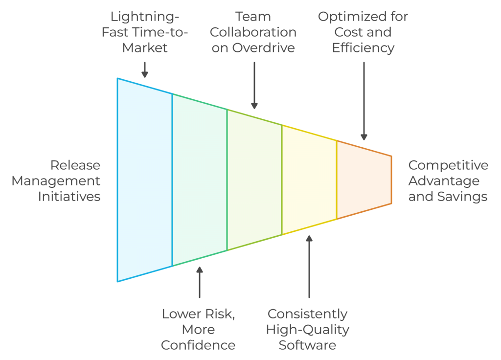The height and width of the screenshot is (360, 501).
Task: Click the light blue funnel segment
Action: (144, 180)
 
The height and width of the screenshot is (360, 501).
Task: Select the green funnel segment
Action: (199, 180)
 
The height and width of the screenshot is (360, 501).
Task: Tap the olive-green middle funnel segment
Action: (254, 180)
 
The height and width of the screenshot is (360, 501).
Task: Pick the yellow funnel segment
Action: (309, 180)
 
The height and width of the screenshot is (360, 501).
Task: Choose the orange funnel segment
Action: (364, 180)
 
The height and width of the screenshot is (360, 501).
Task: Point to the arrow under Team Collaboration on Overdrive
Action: (254, 85)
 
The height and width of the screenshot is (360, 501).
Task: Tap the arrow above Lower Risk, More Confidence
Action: (199, 282)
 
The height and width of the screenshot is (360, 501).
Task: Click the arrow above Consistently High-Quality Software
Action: (309, 267)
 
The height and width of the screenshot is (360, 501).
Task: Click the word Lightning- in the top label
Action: (144, 17)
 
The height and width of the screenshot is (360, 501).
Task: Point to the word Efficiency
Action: (363, 48)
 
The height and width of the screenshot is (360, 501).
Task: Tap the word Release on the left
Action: (75, 165)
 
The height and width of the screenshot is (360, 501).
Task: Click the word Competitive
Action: (448, 165)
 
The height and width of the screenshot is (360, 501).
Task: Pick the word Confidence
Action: (198, 345)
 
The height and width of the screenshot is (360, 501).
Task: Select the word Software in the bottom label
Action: (308, 345)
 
